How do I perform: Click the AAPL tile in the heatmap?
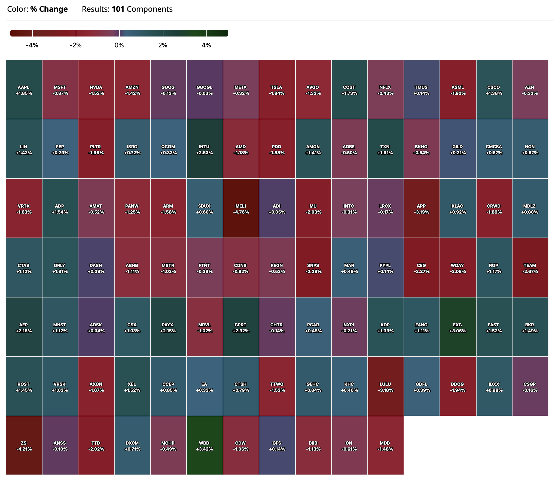tap(24, 90)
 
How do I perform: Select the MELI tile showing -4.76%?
tap(241, 208)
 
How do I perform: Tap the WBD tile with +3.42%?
tap(205, 445)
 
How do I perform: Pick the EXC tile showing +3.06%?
tap(458, 327)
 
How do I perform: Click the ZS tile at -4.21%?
tap(24, 445)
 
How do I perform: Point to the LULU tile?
tap(385, 387)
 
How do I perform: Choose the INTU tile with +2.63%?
tap(205, 149)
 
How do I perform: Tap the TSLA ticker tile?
tap(277, 90)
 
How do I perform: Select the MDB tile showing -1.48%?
tap(385, 445)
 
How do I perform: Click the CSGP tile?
tap(530, 387)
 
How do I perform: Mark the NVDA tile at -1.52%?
tap(96, 90)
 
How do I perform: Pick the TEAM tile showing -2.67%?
tap(530, 268)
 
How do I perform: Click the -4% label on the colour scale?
tap(32, 45)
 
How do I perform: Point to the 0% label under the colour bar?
tap(119, 45)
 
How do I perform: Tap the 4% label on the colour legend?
tap(206, 45)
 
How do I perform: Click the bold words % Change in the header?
tap(49, 9)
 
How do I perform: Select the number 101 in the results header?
tap(118, 9)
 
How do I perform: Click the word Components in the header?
tap(150, 9)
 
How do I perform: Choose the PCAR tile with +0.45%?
tap(313, 327)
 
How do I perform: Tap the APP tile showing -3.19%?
tap(421, 208)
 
